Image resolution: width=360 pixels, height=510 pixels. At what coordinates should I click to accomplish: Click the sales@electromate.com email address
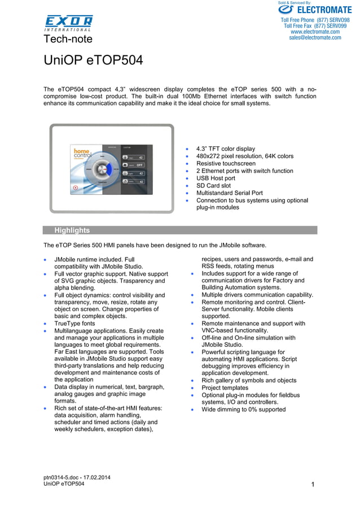tap(315, 38)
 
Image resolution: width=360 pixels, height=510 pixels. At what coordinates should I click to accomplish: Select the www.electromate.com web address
tap(315, 32)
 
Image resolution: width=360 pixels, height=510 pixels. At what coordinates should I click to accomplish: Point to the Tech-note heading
tap(68, 39)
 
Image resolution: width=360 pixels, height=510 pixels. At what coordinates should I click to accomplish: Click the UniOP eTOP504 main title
tap(93, 60)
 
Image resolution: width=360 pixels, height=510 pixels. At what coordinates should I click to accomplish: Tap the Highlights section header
tap(72, 230)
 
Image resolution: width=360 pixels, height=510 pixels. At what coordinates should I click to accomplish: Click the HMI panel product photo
tap(112, 168)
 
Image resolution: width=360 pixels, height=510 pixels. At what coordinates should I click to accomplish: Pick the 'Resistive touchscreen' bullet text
tap(226, 163)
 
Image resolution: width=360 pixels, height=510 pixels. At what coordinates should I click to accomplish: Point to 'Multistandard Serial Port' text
tap(229, 193)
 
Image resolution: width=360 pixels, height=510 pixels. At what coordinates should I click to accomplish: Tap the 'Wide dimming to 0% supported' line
tap(243, 409)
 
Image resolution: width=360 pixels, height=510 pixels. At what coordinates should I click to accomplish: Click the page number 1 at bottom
tap(312, 485)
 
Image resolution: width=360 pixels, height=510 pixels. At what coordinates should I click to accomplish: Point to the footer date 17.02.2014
tap(96, 478)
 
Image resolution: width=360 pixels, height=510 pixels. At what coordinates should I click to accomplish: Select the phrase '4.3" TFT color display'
tap(225, 149)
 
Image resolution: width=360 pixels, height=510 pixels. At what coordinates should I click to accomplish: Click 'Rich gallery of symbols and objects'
tap(249, 381)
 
